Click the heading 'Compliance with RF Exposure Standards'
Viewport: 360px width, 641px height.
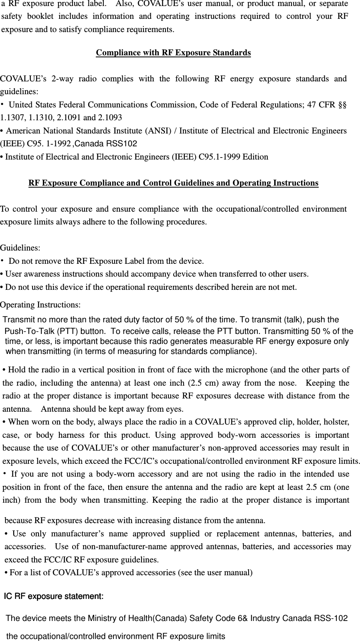coord(173,53)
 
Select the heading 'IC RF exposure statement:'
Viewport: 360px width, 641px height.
coord(54,597)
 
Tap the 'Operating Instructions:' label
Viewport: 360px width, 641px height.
coord(40,305)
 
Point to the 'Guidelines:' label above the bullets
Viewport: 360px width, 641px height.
coord(20,248)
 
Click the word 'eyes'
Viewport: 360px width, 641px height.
coord(175,409)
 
